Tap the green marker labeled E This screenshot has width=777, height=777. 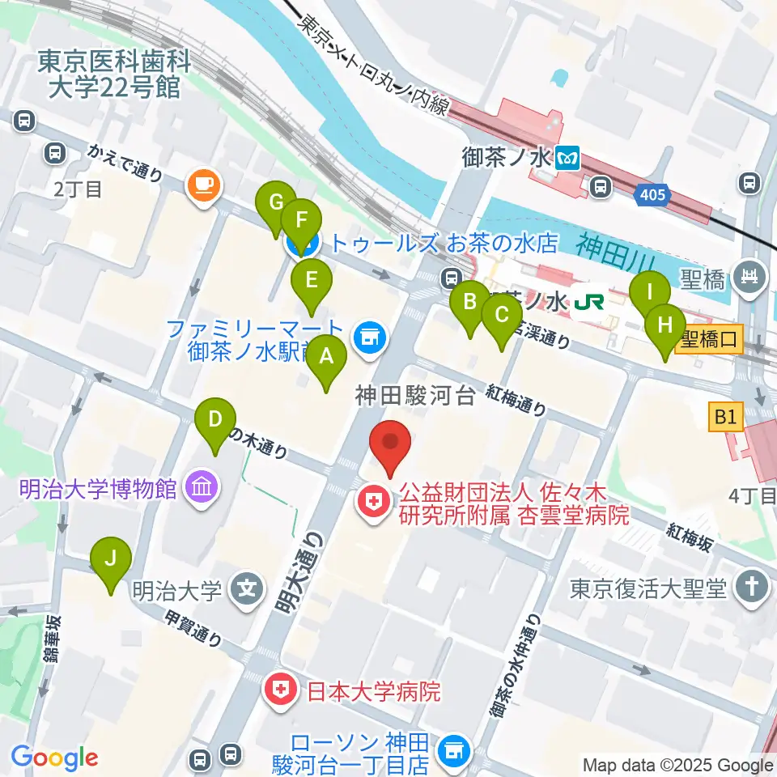tap(311, 282)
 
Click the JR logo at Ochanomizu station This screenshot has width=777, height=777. tap(588, 303)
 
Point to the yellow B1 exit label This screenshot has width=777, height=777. tap(724, 418)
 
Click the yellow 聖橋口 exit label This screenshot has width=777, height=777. tap(708, 338)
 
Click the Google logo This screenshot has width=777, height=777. tap(55, 758)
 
